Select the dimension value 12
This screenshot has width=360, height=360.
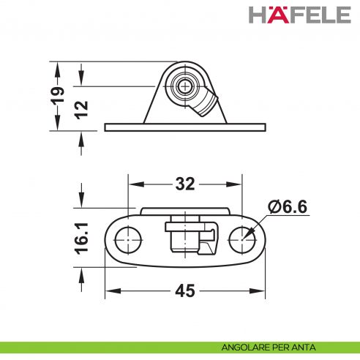tap(82, 108)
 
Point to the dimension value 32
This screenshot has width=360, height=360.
tap(184, 184)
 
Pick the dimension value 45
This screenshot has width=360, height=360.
tap(185, 291)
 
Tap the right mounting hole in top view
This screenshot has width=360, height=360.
tap(241, 237)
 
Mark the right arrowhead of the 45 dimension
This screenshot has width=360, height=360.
tap(260, 291)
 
